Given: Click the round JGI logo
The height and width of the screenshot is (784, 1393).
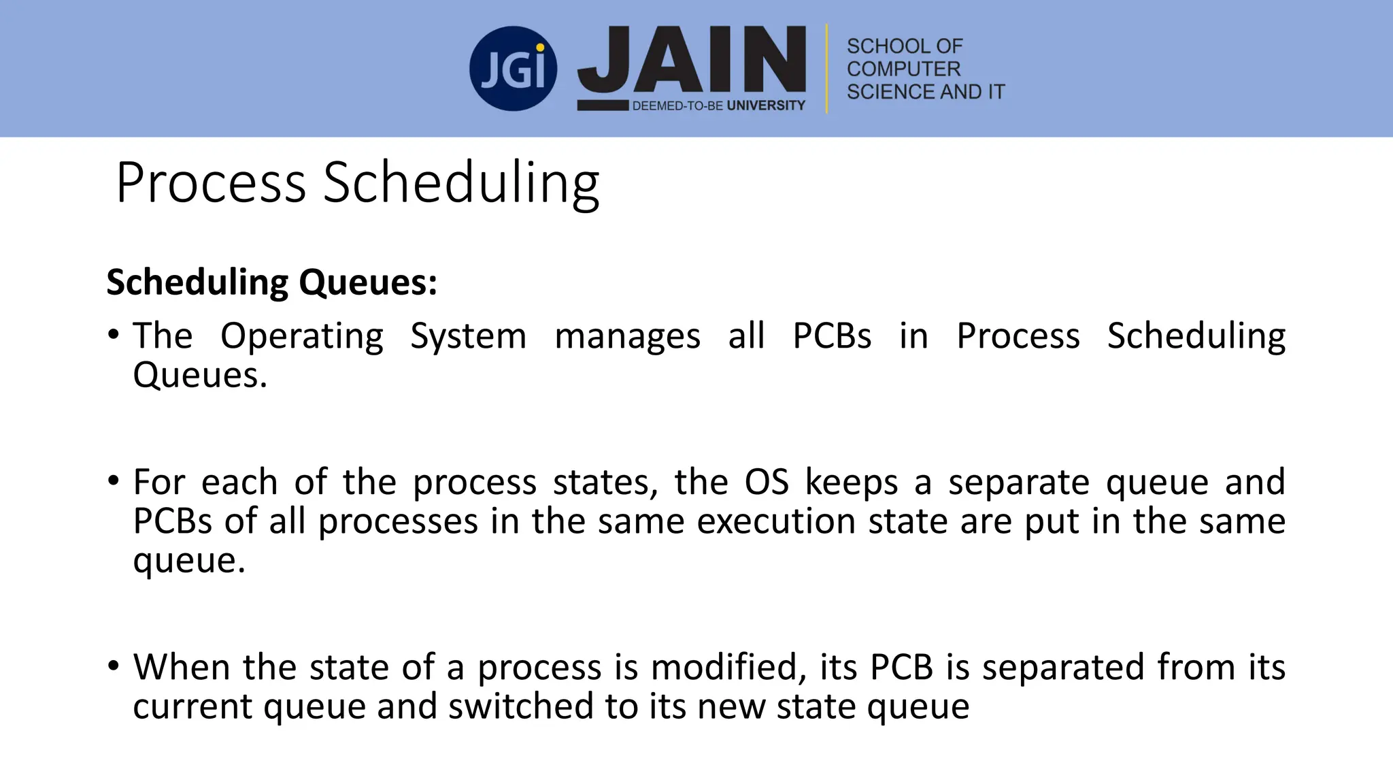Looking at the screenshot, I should click(513, 69).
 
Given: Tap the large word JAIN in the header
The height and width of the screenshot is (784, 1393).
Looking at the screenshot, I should click(692, 59).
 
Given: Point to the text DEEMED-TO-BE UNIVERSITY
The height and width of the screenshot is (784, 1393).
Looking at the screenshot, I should click(718, 105).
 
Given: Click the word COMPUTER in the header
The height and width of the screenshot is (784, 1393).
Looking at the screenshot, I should click(903, 69).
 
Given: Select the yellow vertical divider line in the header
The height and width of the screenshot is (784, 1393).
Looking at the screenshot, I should click(826, 69).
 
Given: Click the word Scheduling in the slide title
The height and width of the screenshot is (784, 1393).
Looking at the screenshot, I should click(460, 184).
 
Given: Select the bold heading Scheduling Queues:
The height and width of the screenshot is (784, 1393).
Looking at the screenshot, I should click(272, 282).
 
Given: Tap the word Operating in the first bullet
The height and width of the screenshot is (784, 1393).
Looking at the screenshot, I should click(302, 336).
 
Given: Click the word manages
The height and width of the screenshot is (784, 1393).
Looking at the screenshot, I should click(627, 336).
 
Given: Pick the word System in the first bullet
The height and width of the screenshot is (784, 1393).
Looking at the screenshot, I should click(469, 336).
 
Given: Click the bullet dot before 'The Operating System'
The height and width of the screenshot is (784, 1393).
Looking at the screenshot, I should click(114, 335).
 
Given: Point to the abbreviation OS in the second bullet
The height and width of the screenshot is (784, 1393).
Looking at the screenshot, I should click(767, 482).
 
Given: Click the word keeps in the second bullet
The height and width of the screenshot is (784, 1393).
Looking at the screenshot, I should click(852, 482).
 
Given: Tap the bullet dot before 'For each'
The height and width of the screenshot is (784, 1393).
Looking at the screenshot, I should click(114, 481).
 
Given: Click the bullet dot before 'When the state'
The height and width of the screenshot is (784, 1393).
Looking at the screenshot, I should click(114, 666).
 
